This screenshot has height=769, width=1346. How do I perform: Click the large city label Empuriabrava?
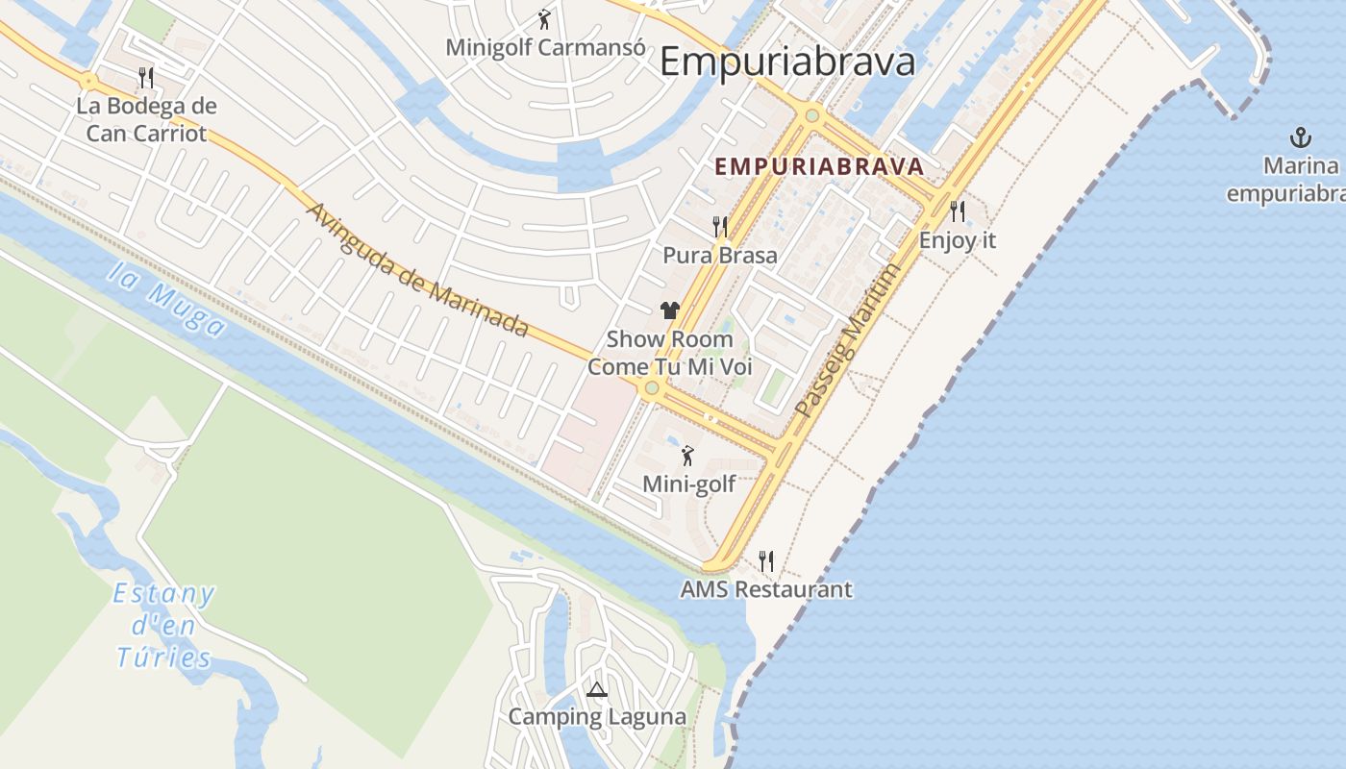787,62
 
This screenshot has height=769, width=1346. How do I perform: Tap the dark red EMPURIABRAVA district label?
819,166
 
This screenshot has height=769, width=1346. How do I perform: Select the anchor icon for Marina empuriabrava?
1300,136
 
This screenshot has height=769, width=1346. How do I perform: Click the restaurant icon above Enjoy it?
957,211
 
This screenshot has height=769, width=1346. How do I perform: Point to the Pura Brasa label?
720,256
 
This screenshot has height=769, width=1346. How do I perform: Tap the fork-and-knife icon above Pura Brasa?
720,227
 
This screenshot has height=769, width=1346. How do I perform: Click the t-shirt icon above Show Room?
669,310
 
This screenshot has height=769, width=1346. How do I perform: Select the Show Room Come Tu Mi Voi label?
669,353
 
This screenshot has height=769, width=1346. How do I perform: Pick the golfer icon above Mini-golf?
687,456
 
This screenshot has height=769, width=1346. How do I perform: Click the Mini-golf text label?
688,484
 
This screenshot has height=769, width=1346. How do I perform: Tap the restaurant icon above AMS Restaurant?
766,560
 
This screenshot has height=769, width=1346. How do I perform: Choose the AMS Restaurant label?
766,589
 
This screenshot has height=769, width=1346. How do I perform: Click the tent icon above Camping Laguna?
597,689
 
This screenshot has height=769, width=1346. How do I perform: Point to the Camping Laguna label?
597,717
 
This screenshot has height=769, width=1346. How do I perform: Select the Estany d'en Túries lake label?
163,626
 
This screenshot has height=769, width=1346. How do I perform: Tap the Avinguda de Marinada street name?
418,270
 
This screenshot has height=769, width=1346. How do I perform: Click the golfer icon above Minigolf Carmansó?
544,18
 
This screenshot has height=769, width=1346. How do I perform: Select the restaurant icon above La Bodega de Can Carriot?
146,77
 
